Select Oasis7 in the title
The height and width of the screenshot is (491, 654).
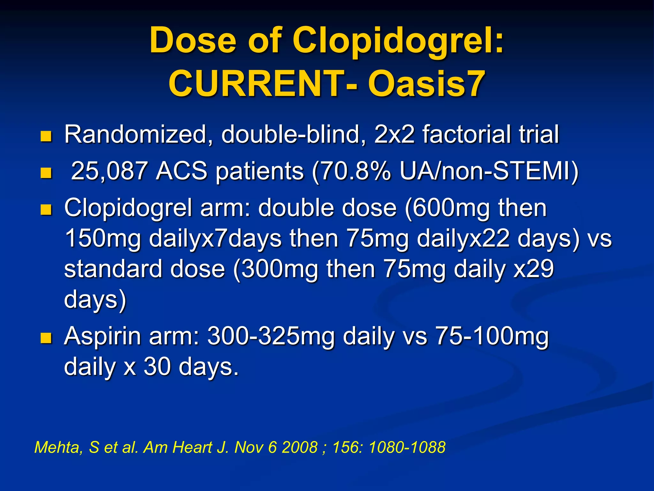coord(426,84)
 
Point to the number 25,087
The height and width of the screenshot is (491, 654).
coord(109,171)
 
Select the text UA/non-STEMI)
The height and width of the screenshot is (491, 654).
coord(489,171)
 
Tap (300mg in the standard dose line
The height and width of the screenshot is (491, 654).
coord(276,269)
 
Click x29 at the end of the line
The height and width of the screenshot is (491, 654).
coord(534,269)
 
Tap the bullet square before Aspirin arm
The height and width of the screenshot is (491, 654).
coord(46,338)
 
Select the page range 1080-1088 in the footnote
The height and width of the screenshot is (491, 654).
coord(407,447)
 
